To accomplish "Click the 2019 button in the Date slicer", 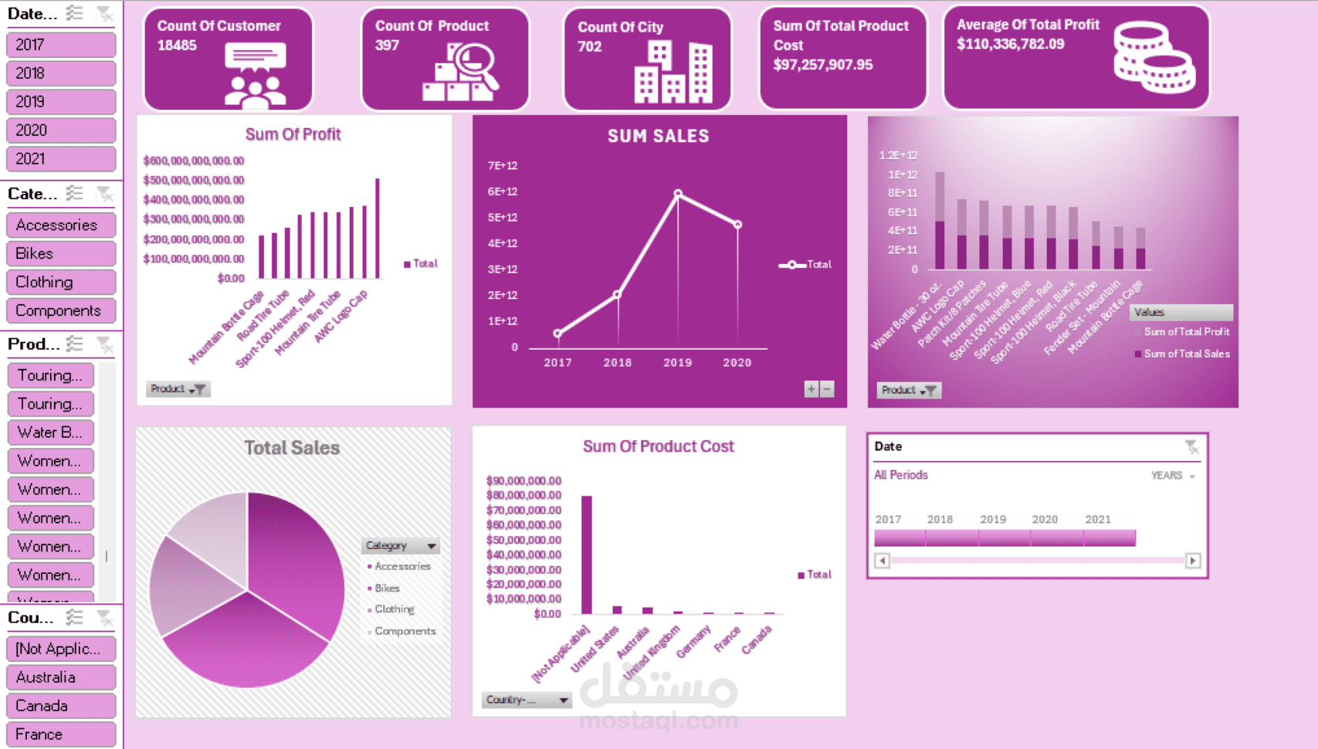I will tap(60, 102).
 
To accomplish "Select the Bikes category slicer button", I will tap(60, 253).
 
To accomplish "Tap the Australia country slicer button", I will tap(60, 677).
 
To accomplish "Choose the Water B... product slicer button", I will tap(50, 432).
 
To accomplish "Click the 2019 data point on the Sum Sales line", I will tap(678, 194).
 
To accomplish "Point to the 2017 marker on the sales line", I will tap(557, 334).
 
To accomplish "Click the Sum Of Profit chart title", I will tap(293, 134).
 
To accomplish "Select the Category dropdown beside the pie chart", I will tap(400, 546).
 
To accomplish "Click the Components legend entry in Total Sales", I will tap(405, 632).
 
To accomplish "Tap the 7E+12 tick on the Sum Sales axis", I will tap(503, 165).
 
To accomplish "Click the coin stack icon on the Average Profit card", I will tap(1154, 58).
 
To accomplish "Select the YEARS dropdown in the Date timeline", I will tap(1173, 476).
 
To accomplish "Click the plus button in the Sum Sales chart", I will tap(811, 389).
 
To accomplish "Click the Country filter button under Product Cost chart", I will tap(527, 700).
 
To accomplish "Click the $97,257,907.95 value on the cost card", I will tap(823, 65).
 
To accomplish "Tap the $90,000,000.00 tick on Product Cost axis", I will tap(523, 480).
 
